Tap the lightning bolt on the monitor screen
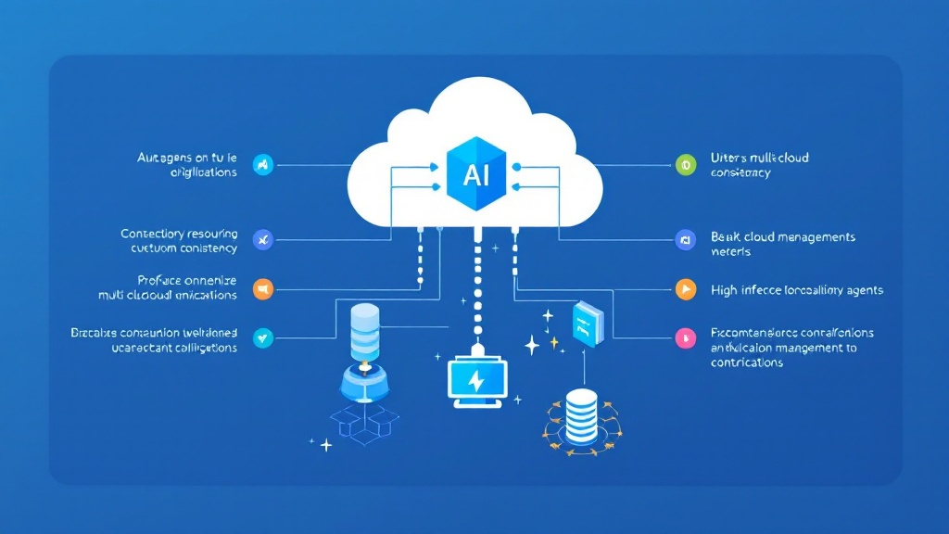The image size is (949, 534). [x=476, y=380]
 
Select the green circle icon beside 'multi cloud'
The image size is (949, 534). [x=685, y=165]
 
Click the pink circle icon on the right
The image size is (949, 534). [x=685, y=337]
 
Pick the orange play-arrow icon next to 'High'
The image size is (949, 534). [x=685, y=289]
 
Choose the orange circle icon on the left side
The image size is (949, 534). [x=263, y=289]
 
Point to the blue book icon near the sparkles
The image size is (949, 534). [x=588, y=324]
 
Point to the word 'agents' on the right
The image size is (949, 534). [x=863, y=290]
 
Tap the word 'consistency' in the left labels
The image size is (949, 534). [x=208, y=248]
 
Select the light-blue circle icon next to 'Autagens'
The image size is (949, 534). [x=263, y=165]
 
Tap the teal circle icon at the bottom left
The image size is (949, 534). [x=263, y=337]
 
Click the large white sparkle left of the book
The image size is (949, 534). [x=532, y=346]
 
